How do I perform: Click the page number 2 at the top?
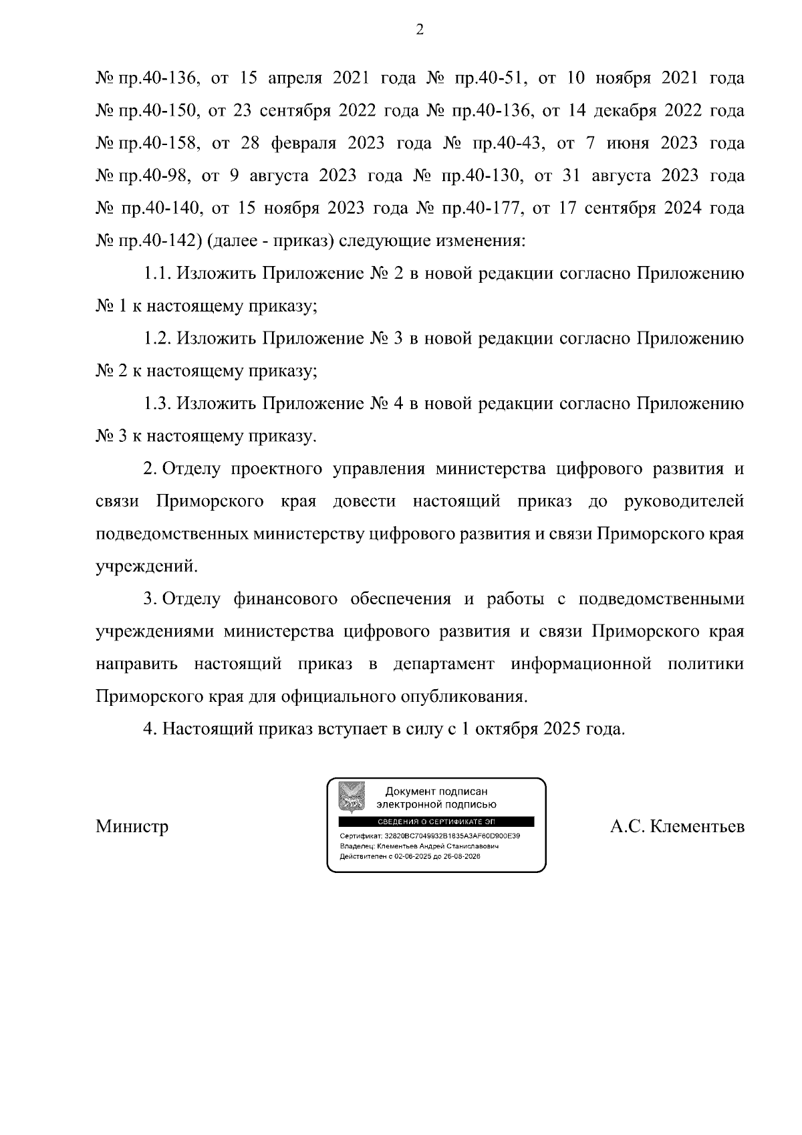pyautogui.click(x=420, y=29)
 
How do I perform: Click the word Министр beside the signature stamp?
pyautogui.click(x=132, y=827)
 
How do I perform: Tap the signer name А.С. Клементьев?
pyautogui.click(x=676, y=827)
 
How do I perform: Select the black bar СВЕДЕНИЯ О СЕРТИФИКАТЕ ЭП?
pyautogui.click(x=436, y=822)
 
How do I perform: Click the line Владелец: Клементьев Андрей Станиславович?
pyautogui.click(x=419, y=846)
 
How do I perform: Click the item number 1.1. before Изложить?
pyautogui.click(x=158, y=274)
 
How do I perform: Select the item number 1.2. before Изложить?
pyautogui.click(x=158, y=339)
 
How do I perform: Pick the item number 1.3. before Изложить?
pyautogui.click(x=158, y=404)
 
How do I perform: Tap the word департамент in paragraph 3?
pyautogui.click(x=444, y=664)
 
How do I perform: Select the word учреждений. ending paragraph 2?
pyautogui.click(x=147, y=567)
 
